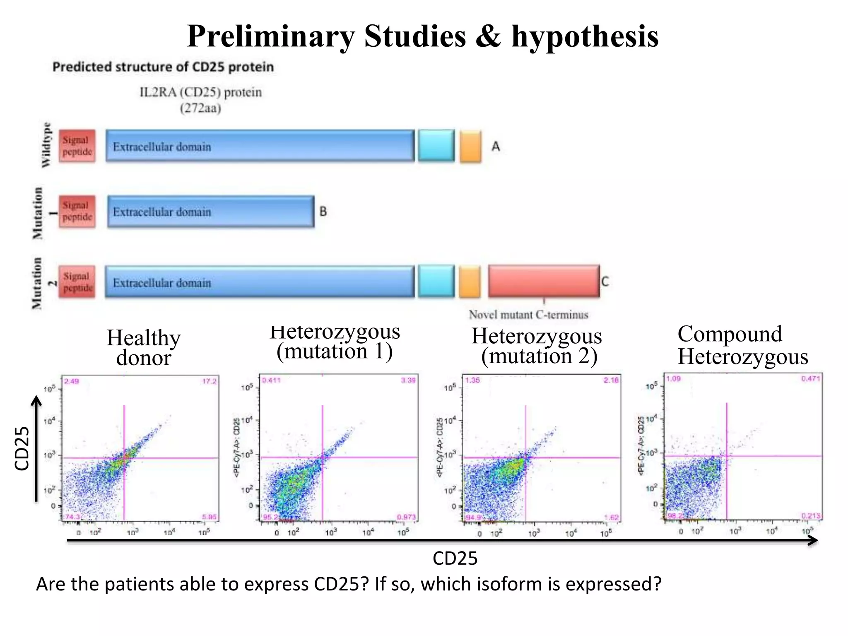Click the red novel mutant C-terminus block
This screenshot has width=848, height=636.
tap(543, 282)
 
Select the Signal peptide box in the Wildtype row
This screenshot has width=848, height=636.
tap(77, 146)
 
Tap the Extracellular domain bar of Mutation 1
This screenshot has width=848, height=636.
tap(210, 212)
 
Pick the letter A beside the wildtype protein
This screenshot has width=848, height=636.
tap(496, 146)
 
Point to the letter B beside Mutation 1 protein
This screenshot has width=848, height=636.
tap(323, 212)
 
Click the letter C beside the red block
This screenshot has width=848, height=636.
tap(605, 282)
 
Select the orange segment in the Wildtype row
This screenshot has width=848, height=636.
tap(470, 146)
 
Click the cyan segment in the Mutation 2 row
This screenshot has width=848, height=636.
tap(436, 282)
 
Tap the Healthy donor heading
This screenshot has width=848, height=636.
tap(143, 348)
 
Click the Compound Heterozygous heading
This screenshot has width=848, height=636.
tap(742, 345)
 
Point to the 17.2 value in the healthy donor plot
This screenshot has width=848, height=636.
tap(209, 381)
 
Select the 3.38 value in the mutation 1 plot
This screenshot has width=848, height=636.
tap(408, 380)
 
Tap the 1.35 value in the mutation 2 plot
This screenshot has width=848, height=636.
tap(472, 380)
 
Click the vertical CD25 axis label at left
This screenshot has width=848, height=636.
tap(22, 448)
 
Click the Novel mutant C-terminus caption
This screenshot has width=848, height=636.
tap(528, 315)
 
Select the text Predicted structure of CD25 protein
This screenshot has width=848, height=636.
tap(163, 67)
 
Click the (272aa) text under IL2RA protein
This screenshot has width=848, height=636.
tap(200, 108)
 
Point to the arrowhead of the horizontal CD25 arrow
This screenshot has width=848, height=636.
tap(814, 540)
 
